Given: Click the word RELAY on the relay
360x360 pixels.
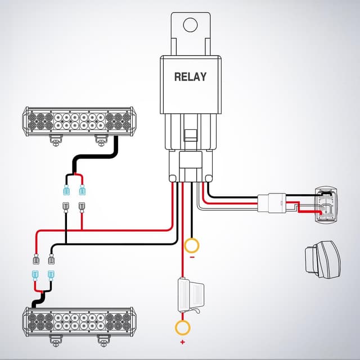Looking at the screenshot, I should coord(190,76).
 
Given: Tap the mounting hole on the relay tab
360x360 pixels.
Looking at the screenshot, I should coord(191,25).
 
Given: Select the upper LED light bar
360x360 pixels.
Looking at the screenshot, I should coord(78,120).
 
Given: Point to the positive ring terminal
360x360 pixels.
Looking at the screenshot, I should coord(182,327).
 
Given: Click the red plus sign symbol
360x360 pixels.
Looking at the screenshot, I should coord(182,341).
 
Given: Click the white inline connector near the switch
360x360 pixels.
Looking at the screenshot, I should coord(272,203).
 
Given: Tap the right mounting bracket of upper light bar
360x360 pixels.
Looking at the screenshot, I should coord(100,140).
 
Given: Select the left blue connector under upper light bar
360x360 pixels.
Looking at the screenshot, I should coord(66,189).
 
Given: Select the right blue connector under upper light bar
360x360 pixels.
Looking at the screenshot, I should coord(82,189).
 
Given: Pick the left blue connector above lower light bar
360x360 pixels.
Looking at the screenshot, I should coord(35,276).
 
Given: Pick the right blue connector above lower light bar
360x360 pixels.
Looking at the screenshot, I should coord(52,276).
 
